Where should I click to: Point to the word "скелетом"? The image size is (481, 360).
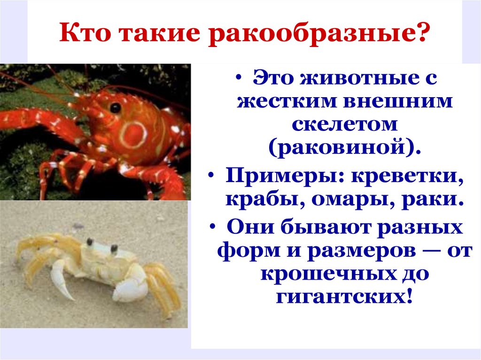[345, 124]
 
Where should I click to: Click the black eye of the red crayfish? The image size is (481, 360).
[115, 108]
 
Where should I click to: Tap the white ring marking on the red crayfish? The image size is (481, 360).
[133, 135]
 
